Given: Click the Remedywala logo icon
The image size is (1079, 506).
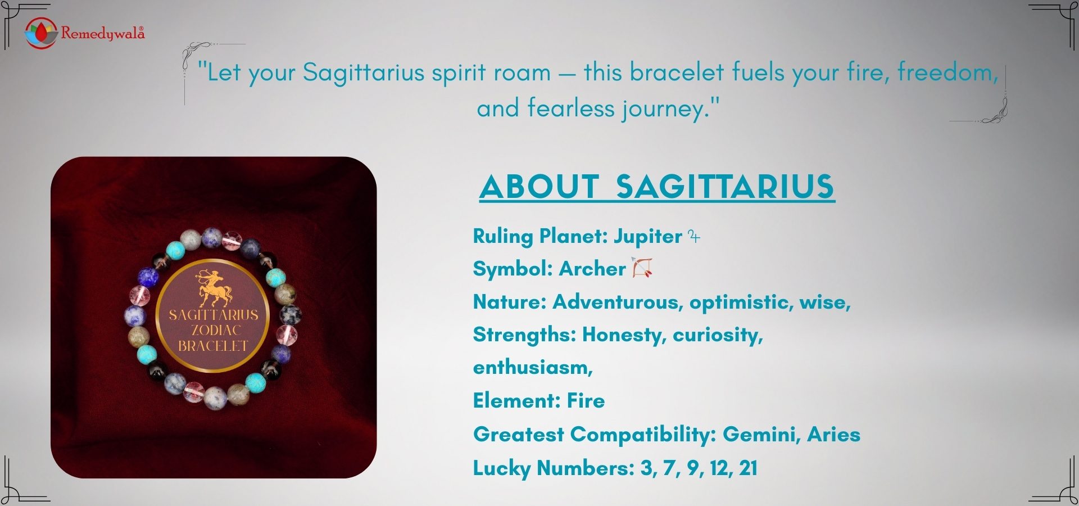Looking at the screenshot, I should [41, 32].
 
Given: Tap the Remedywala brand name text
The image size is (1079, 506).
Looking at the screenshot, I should [103, 33].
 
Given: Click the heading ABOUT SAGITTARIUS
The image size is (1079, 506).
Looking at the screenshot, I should [657, 187].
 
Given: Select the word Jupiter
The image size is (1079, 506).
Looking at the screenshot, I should [647, 236].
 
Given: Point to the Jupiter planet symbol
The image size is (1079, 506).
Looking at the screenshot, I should [695, 237].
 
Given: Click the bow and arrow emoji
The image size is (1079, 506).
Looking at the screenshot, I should [642, 268].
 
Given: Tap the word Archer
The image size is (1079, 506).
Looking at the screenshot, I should [592, 269].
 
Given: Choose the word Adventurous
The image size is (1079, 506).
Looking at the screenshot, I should [617, 302].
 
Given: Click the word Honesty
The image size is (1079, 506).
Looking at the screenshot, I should [624, 335].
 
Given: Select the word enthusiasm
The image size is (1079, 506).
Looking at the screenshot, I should [532, 368].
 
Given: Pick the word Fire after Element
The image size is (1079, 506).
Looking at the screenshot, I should [586, 401].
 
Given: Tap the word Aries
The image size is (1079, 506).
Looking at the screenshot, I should [833, 435].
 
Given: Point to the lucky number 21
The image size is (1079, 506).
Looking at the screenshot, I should [748, 468].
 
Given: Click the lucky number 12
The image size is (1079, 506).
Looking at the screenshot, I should [720, 468].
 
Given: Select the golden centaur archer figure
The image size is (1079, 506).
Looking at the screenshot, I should [214, 287].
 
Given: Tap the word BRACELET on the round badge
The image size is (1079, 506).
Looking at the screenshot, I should [213, 346].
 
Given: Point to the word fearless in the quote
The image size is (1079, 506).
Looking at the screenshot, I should [570, 108].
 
